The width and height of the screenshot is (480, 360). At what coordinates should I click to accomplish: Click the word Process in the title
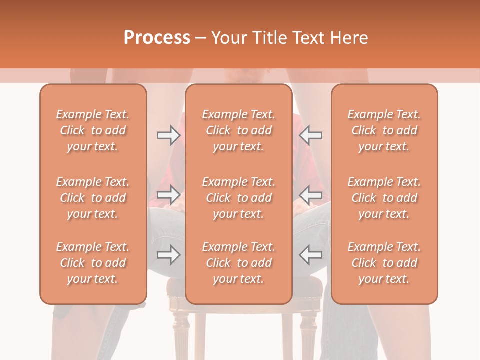coord(157,38)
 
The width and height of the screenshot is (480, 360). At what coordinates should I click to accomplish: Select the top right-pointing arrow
coord(168,135)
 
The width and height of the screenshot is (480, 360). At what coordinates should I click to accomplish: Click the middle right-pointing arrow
coord(168,194)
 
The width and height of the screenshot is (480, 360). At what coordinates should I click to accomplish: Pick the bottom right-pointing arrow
coord(168,255)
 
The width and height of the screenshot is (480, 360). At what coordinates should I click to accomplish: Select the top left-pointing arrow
coord(311,135)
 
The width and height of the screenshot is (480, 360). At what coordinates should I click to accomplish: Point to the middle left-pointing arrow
coord(311,194)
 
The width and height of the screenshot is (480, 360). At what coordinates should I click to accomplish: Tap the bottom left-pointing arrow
coord(311,255)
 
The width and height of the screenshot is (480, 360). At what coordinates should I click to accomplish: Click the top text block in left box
coord(93,130)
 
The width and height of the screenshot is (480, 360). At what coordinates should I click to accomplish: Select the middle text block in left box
coord(93,198)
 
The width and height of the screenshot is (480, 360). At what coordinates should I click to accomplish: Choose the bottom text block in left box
coord(93,263)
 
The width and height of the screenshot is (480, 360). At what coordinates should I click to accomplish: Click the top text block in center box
coord(238,130)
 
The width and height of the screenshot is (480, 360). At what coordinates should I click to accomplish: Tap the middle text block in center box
coord(238,198)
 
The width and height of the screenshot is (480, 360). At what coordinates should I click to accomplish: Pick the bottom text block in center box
coord(238,263)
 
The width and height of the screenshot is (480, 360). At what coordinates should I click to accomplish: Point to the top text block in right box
coord(384,130)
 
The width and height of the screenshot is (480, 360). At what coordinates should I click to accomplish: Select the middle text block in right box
coord(384,198)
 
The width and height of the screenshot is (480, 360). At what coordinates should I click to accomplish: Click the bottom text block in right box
coord(384,263)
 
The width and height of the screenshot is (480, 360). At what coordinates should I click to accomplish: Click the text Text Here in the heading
coord(330,38)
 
